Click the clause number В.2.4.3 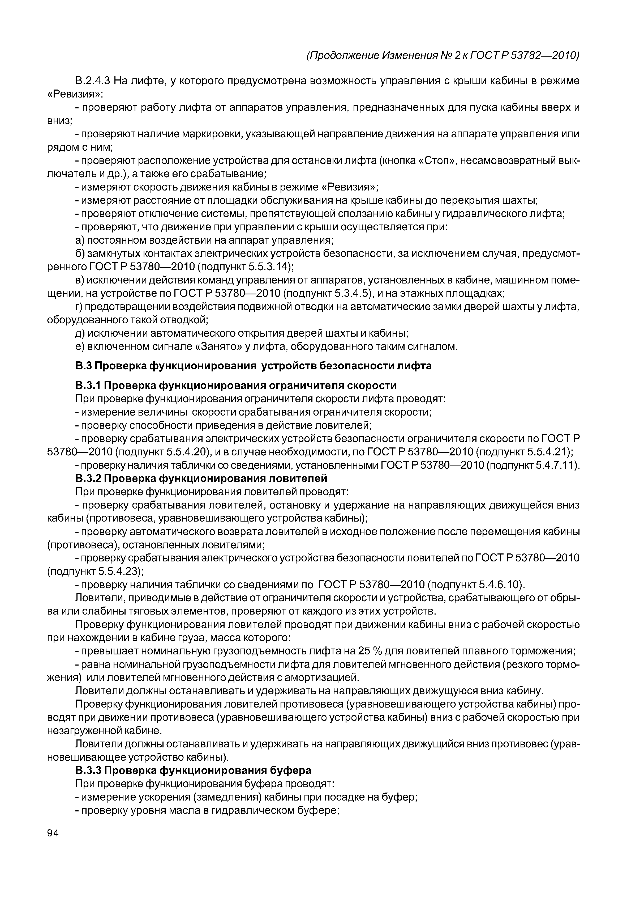click(92, 81)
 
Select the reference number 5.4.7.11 click(552, 465)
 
